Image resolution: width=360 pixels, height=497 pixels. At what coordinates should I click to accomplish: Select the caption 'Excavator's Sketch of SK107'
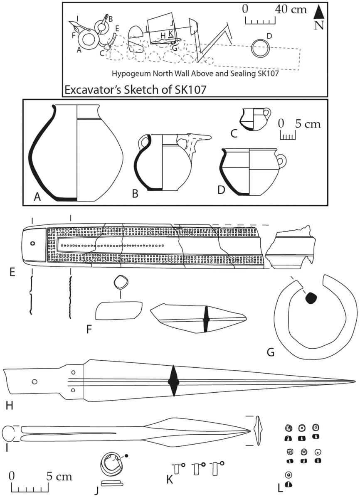pyautogui.click(x=136, y=90)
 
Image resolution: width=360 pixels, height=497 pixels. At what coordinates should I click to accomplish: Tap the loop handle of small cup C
pyautogui.click(x=267, y=113)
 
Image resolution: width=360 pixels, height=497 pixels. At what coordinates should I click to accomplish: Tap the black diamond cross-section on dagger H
pyautogui.click(x=173, y=381)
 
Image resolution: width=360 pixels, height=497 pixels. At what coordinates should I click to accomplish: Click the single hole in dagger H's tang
pyautogui.click(x=35, y=381)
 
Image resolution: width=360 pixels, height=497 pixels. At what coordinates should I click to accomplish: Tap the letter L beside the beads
pyautogui.click(x=280, y=489)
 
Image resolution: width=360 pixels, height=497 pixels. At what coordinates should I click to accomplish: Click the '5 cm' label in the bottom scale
pyautogui.click(x=59, y=476)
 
